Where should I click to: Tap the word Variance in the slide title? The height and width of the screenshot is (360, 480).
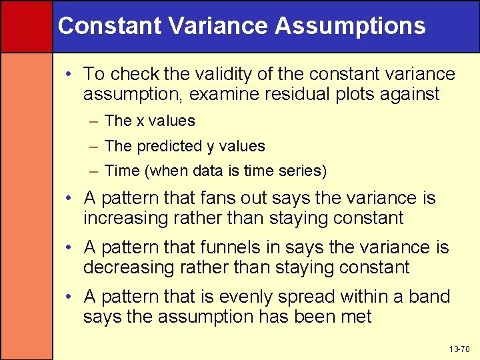(216, 26)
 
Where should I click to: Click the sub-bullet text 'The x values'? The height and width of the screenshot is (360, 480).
(150, 121)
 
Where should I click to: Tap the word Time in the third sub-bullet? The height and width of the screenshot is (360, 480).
(121, 171)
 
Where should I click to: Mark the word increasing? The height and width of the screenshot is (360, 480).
(125, 218)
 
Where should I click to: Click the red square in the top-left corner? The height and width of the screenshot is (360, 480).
(26, 26)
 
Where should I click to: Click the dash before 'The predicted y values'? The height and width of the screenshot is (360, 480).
(94, 147)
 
